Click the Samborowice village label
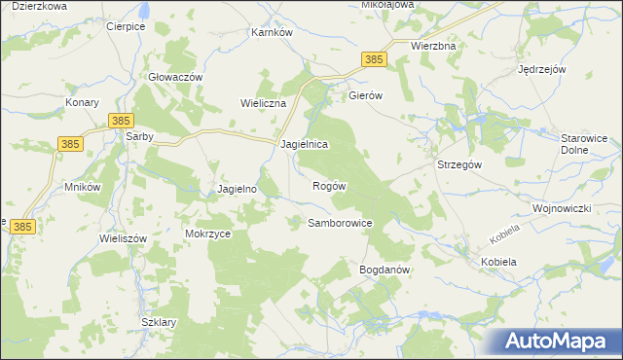(x=341, y=223)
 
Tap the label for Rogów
(x=330, y=185)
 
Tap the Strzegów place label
(x=459, y=164)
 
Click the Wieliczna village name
(x=261, y=102)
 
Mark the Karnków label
(x=272, y=32)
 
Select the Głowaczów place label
(x=175, y=77)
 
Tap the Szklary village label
(x=158, y=322)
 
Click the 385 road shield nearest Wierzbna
(x=375, y=59)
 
